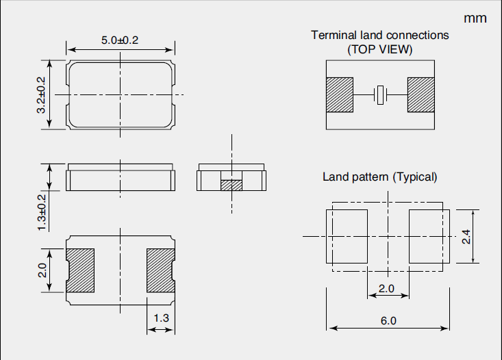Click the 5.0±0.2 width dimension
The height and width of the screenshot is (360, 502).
coord(120,40)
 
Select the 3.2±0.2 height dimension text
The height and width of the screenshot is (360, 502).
coord(41,94)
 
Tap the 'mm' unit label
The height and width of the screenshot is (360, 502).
coord(475,18)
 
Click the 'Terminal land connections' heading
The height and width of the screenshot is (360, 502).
coord(380,35)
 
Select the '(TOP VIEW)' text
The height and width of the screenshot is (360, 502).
coord(380,49)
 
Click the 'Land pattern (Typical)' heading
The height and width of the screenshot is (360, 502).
coord(379,177)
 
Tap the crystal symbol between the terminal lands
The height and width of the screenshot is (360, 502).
coord(380,95)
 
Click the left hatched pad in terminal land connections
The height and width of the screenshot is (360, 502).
coord(339,95)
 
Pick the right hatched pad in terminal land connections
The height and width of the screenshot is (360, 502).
coord(421,95)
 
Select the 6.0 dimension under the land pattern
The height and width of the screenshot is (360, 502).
coord(388,320)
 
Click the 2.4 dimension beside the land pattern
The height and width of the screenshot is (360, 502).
coord(467,237)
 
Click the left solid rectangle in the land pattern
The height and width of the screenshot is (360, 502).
coord(347,236)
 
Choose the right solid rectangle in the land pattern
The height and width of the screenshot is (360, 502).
coord(429,236)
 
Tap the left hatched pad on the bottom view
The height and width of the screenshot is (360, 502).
coord(79,270)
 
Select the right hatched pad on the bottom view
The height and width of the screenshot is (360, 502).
coord(161,270)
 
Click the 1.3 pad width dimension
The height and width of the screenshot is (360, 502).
coord(161,318)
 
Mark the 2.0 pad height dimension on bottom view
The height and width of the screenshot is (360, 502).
coord(42,270)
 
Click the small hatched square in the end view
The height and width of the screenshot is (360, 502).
coord(231,185)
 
